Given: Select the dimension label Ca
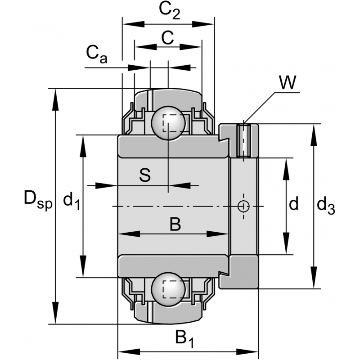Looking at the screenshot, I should [x=96, y=54].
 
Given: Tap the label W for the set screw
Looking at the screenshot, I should [x=287, y=83].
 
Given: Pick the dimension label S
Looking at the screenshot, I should [x=144, y=175].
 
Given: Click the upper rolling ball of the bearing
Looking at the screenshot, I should [x=168, y=123].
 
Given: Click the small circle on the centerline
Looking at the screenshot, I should [x=243, y=206].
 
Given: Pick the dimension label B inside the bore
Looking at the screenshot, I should [x=175, y=224].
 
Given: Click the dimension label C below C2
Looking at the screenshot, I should [x=167, y=38].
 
